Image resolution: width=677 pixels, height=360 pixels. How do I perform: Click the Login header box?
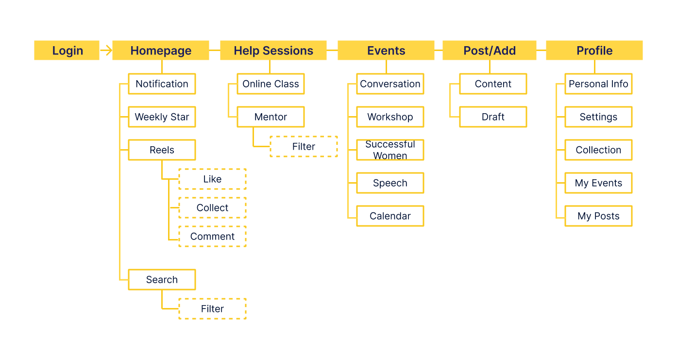tap(67, 50)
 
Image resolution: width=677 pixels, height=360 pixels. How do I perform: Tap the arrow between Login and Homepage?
tap(106, 50)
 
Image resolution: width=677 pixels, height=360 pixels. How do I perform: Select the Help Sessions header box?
tap(273, 50)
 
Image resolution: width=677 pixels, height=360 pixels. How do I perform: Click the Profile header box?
tap(594, 50)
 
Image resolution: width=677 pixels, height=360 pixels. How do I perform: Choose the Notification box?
tap(162, 84)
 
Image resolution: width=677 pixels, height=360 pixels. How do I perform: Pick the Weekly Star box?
tap(162, 117)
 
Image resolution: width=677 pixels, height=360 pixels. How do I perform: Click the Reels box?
tap(162, 150)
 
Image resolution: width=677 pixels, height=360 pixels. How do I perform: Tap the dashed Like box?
tap(212, 179)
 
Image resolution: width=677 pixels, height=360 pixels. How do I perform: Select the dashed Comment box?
tap(212, 237)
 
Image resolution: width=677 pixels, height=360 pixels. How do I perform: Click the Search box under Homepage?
tap(162, 280)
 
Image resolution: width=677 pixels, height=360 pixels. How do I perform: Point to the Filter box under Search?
tap(212, 309)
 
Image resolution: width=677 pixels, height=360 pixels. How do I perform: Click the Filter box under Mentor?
tap(304, 147)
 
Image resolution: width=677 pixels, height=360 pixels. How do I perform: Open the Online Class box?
tap(271, 84)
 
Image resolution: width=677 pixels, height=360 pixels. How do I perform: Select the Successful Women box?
tap(390, 150)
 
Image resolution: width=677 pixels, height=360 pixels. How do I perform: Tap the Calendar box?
tap(390, 216)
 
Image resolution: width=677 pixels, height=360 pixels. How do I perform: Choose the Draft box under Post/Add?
tap(493, 117)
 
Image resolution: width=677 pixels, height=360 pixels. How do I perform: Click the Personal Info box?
tap(598, 84)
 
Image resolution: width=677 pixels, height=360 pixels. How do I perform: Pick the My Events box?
tap(598, 183)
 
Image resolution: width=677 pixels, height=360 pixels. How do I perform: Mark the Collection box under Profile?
tap(598, 150)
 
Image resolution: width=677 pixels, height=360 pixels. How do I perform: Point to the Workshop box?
tap(390, 117)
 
